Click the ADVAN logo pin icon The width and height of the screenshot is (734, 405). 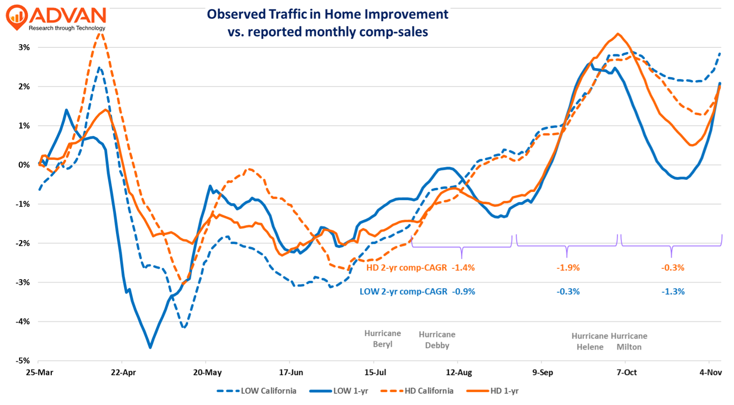(17, 17)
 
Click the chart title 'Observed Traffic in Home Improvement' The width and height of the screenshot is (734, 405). (327, 14)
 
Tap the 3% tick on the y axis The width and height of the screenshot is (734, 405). (24, 47)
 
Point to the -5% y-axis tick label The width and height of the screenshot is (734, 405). (23, 361)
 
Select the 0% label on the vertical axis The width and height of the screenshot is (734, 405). (24, 165)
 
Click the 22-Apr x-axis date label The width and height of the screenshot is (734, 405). (123, 372)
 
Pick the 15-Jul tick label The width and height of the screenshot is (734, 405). (375, 372)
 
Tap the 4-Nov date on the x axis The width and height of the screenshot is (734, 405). (711, 372)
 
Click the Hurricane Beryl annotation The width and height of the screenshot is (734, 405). (382, 339)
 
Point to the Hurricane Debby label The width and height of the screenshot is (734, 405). (437, 340)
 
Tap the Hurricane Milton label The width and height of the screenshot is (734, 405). (629, 342)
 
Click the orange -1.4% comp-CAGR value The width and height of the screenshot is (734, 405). (463, 268)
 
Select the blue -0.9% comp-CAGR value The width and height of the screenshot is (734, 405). (464, 292)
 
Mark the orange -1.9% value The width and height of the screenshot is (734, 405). (568, 268)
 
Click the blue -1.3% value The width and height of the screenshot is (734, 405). (673, 292)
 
